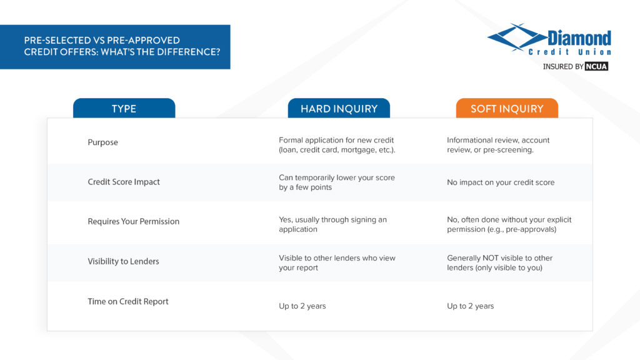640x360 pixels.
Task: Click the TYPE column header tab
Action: coord(124,109)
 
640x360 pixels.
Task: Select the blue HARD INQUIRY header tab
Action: coord(339,109)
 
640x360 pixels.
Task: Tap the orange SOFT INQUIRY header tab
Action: coord(507,109)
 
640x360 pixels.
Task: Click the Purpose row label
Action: coord(102,142)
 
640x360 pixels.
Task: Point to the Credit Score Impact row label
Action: coord(124,182)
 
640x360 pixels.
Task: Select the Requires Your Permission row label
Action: coord(133,221)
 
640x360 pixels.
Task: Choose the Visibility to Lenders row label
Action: coord(123,261)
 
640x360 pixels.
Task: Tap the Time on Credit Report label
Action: coord(128,301)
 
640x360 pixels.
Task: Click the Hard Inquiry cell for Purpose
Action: coord(337,145)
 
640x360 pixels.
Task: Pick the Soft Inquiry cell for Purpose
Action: coord(498,145)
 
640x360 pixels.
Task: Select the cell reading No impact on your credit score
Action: coord(501,182)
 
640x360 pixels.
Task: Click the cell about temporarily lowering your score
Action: coord(337,182)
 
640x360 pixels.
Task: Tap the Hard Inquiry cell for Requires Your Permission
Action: coord(332,224)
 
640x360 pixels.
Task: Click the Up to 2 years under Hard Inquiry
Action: coord(302,306)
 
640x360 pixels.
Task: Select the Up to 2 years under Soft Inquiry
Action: coord(471,306)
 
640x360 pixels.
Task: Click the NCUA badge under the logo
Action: coord(596,66)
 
